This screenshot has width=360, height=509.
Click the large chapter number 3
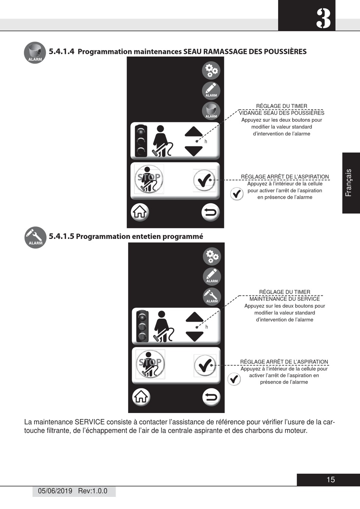point(323,19)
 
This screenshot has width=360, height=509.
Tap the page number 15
point(330,480)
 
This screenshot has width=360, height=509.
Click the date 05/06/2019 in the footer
point(55,491)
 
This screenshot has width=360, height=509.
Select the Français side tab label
point(349,183)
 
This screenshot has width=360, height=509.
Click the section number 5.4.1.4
point(61,52)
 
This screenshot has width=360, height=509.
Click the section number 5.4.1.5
point(61,236)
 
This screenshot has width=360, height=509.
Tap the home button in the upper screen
point(140,212)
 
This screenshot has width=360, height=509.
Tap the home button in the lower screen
point(141,397)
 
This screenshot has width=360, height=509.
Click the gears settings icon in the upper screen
point(211,70)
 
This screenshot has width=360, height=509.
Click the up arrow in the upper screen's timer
point(194,131)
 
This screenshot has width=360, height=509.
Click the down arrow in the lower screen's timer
point(195,336)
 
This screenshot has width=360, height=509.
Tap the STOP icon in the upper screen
point(149,179)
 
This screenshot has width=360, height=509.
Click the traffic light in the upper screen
point(141,140)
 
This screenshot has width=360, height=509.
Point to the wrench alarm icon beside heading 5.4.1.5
point(35,237)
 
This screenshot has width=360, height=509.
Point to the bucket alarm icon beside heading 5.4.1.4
point(35,53)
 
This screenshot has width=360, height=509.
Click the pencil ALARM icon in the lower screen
point(212,276)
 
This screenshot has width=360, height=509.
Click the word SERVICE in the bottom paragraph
point(89,422)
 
